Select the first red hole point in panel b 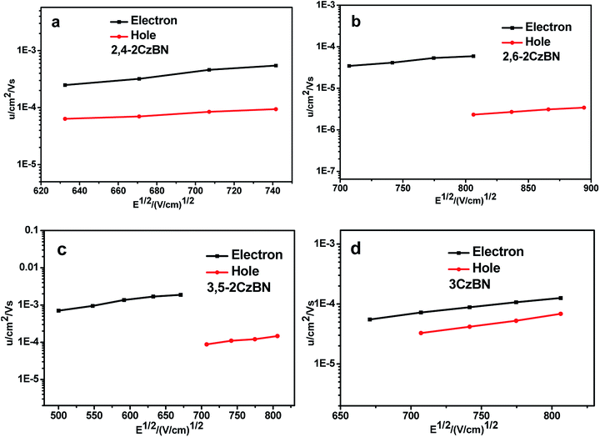pos(473,114)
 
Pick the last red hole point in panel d pos(560,314)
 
